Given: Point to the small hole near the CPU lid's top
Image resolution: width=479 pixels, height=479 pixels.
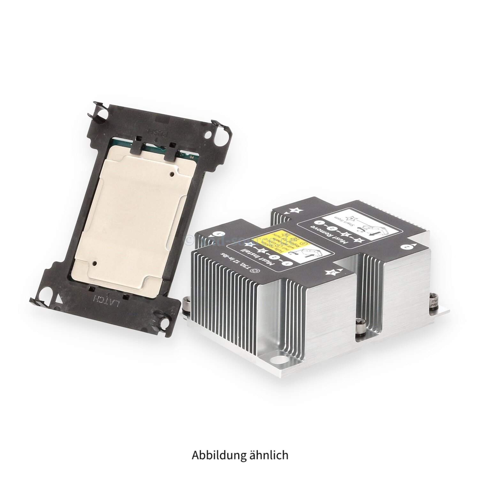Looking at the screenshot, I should point(172,174).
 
